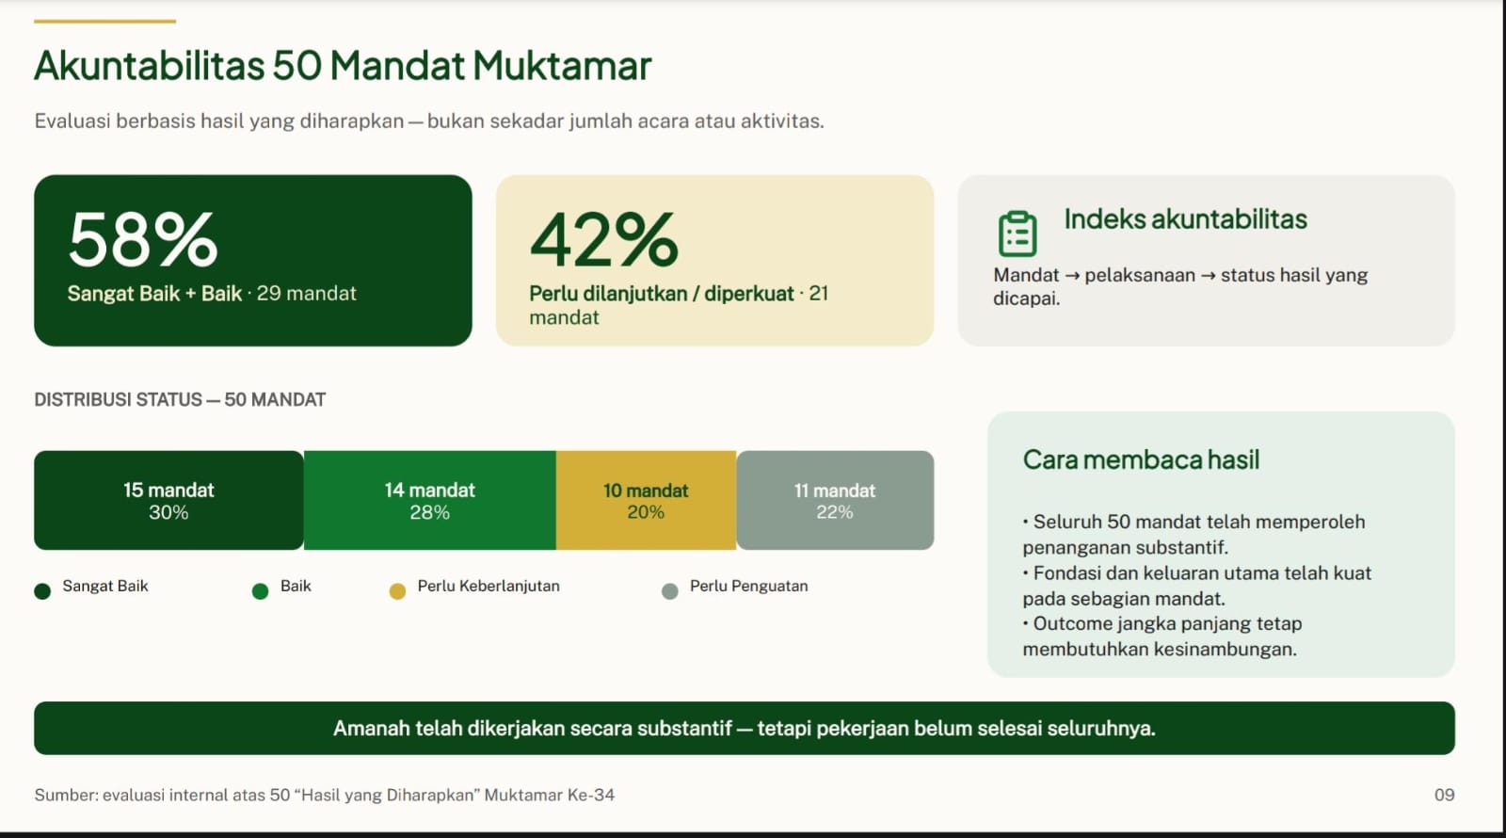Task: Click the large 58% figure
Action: click(142, 239)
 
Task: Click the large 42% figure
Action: click(603, 239)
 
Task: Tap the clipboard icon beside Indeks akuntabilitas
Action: click(1017, 234)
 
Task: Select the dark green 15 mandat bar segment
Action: click(168, 500)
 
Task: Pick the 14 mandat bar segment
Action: click(429, 500)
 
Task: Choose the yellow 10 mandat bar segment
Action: click(646, 500)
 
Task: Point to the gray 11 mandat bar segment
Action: click(835, 500)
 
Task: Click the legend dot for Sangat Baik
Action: click(42, 591)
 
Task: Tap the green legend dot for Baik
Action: click(260, 591)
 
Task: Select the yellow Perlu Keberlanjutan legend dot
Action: click(397, 591)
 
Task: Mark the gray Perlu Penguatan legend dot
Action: click(669, 591)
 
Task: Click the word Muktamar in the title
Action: click(562, 66)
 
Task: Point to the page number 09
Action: click(1444, 795)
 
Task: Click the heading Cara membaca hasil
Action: click(1141, 460)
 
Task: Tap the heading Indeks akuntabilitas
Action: click(1185, 219)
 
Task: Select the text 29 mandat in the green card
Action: click(307, 293)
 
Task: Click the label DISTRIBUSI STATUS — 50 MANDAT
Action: click(180, 399)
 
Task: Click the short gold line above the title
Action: click(104, 22)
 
